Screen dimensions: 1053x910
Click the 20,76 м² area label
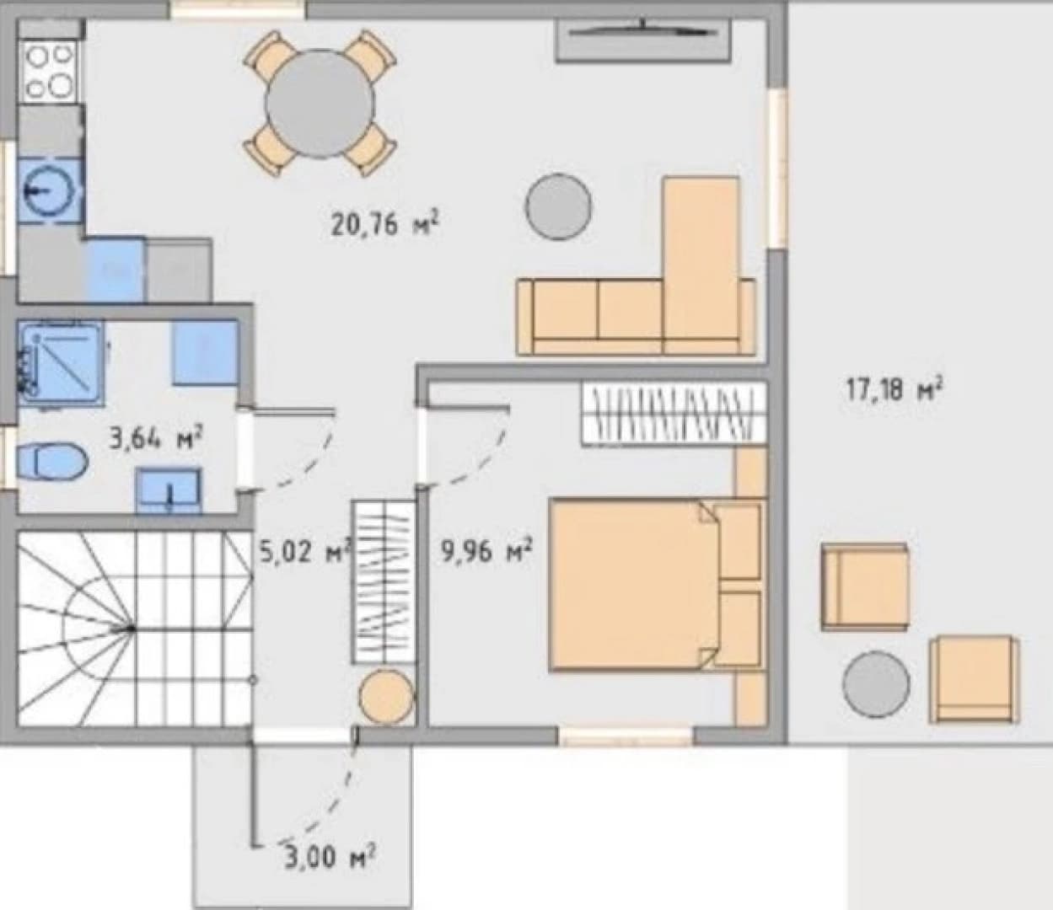click(x=384, y=224)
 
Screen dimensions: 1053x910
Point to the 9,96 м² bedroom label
click(x=487, y=552)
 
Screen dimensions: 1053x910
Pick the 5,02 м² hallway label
click(x=304, y=552)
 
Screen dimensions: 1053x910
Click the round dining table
click(x=320, y=104)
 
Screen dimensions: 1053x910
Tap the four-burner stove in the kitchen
click(x=50, y=72)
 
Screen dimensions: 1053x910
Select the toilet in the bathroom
click(x=51, y=463)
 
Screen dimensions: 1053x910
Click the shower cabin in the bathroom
click(x=62, y=364)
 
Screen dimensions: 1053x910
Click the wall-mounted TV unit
click(x=644, y=41)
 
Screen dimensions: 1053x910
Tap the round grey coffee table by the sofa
click(x=559, y=206)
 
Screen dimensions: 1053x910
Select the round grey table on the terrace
click(x=876, y=685)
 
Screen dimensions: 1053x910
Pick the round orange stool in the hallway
click(x=385, y=697)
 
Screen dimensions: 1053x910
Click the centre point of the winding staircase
click(x=132, y=629)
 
